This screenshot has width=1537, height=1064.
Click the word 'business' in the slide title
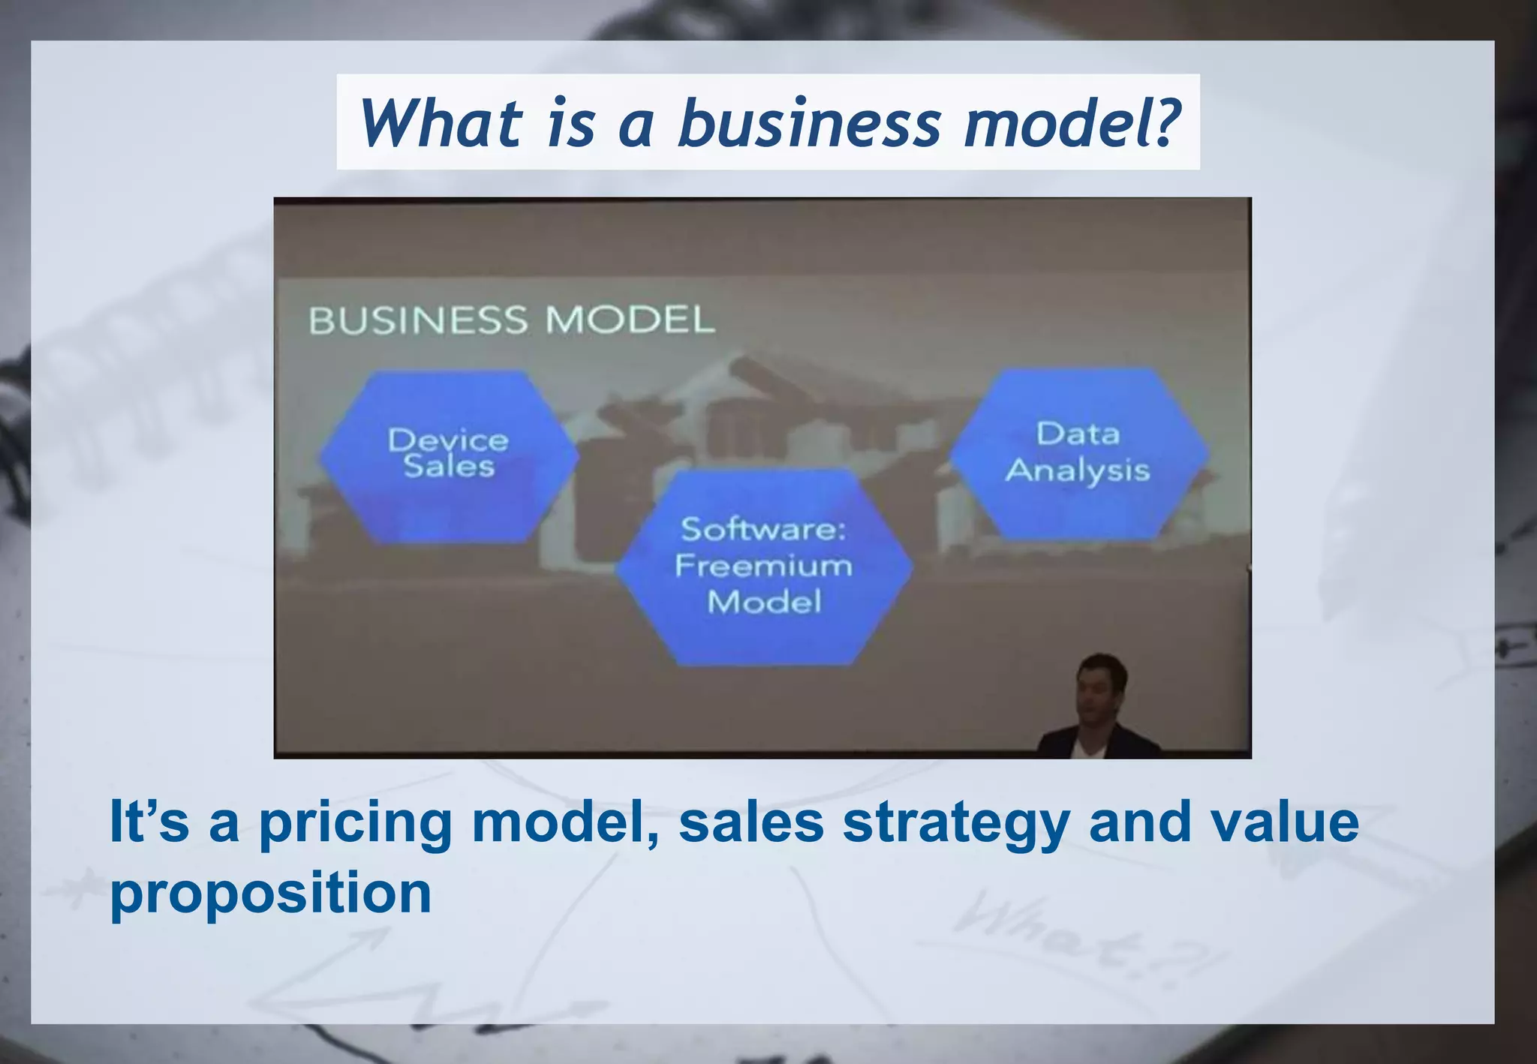[809, 123]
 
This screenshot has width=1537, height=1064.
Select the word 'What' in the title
[441, 123]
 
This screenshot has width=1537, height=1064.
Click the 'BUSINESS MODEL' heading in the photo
[512, 320]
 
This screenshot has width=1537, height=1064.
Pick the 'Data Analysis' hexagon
[1078, 452]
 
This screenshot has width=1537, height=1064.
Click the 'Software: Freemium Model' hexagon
[764, 567]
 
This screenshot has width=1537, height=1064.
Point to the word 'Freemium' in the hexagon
[764, 566]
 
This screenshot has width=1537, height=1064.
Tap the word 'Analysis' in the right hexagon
[1078, 471]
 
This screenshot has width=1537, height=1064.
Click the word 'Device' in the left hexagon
[448, 440]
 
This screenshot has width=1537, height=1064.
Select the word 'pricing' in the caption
[355, 822]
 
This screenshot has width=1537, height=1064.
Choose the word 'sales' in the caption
[751, 822]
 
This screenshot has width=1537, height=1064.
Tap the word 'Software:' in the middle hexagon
[763, 530]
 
